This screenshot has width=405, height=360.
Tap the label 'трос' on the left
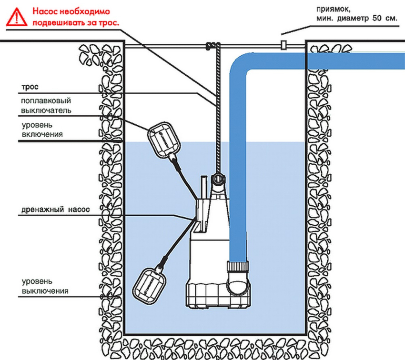point(29,88)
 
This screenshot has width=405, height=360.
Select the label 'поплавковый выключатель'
point(46,106)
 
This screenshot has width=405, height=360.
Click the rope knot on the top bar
point(210,46)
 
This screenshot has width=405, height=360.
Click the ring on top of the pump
point(218,179)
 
